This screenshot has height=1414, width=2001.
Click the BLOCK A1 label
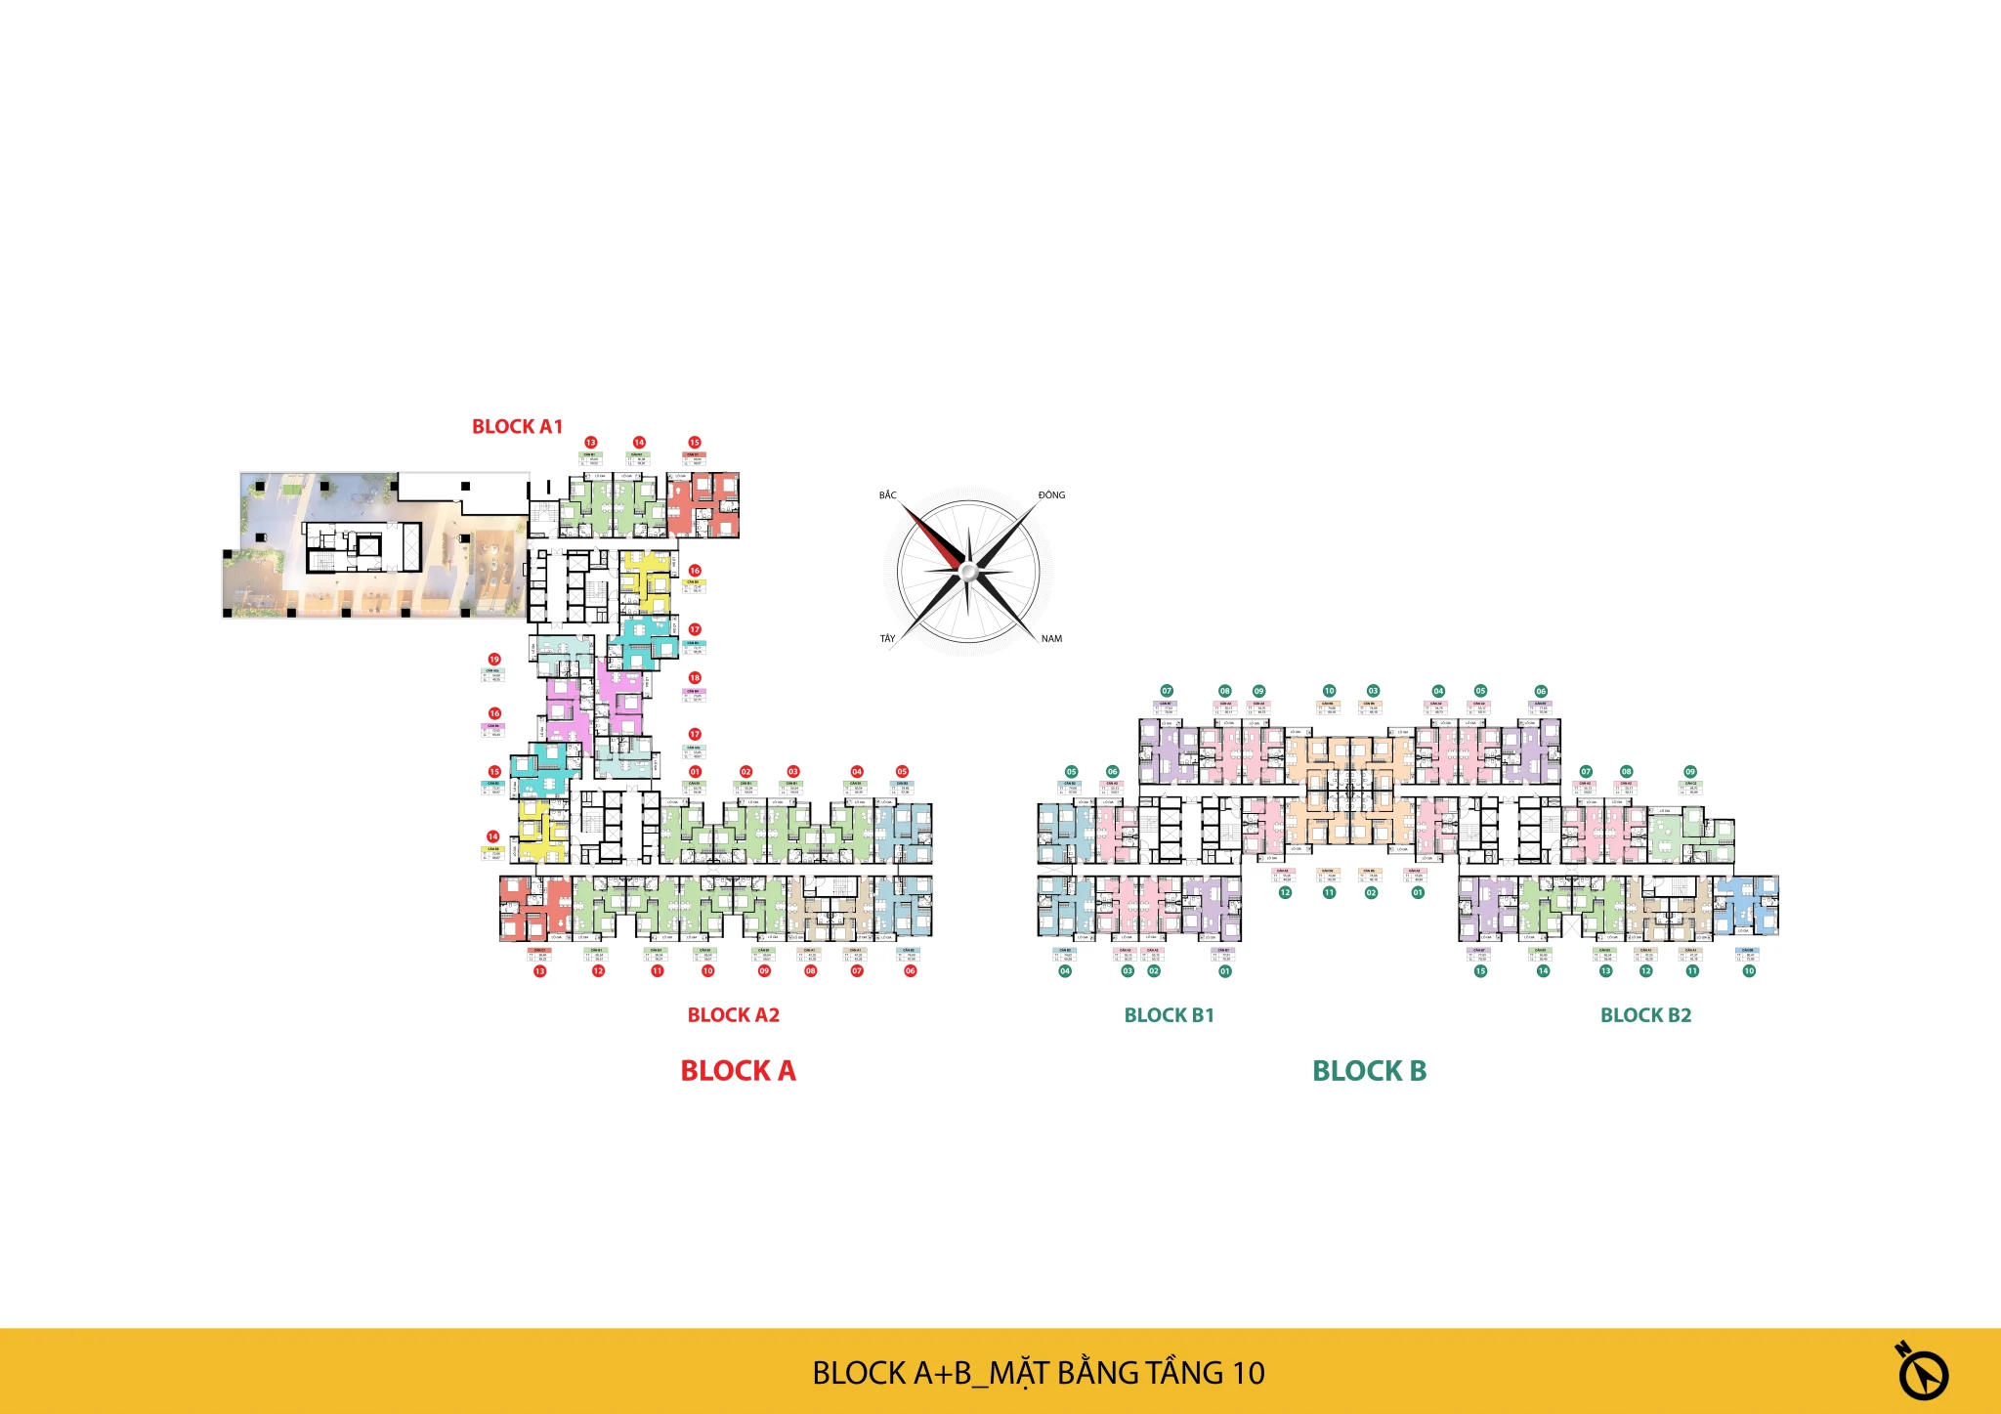pyautogui.click(x=517, y=427)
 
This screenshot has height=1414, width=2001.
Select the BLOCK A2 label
pyautogui.click(x=733, y=1015)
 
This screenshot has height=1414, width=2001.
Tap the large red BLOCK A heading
pyautogui.click(x=738, y=1071)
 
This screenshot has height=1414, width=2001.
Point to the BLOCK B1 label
pyautogui.click(x=1169, y=1015)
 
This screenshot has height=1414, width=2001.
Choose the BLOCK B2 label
pyautogui.click(x=1645, y=1015)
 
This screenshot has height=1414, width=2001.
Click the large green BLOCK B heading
pyautogui.click(x=1369, y=1071)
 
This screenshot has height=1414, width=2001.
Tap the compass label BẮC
pyautogui.click(x=887, y=495)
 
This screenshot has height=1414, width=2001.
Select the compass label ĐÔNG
pyautogui.click(x=1051, y=495)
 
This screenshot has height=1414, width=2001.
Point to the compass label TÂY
pyautogui.click(x=887, y=639)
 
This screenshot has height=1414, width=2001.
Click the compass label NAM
pyautogui.click(x=1051, y=639)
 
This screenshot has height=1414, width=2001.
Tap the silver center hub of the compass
pyautogui.click(x=967, y=572)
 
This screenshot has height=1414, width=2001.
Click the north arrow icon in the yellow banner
pyautogui.click(x=1922, y=1372)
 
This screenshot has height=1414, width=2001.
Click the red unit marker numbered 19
pyautogui.click(x=494, y=660)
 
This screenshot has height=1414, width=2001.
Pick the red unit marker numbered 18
pyautogui.click(x=695, y=677)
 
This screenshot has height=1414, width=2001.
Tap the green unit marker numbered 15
pyautogui.click(x=1480, y=971)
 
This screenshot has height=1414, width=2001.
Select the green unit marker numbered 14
pyautogui.click(x=1543, y=971)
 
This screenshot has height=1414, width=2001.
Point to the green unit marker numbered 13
pyautogui.click(x=1605, y=971)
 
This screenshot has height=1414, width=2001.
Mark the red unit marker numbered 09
pyautogui.click(x=764, y=971)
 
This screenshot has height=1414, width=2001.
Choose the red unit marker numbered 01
pyautogui.click(x=695, y=772)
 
